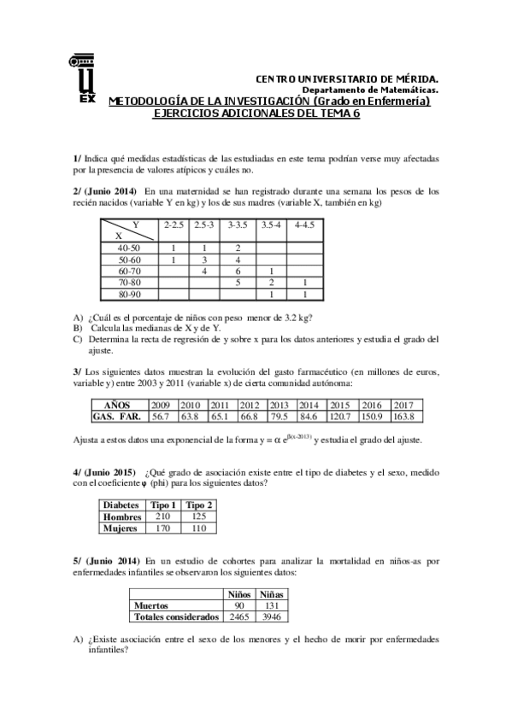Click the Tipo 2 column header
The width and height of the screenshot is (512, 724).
(x=199, y=505)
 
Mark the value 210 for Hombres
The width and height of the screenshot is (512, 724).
(x=162, y=516)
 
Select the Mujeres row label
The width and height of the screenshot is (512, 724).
(x=120, y=528)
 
